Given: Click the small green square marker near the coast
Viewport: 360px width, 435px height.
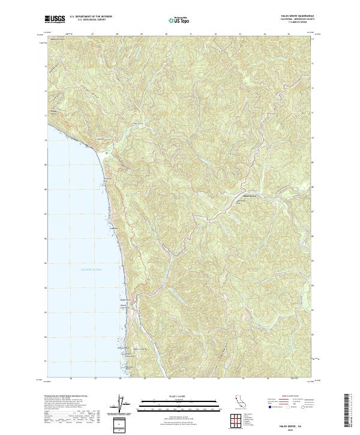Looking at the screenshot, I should click(x=107, y=153).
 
